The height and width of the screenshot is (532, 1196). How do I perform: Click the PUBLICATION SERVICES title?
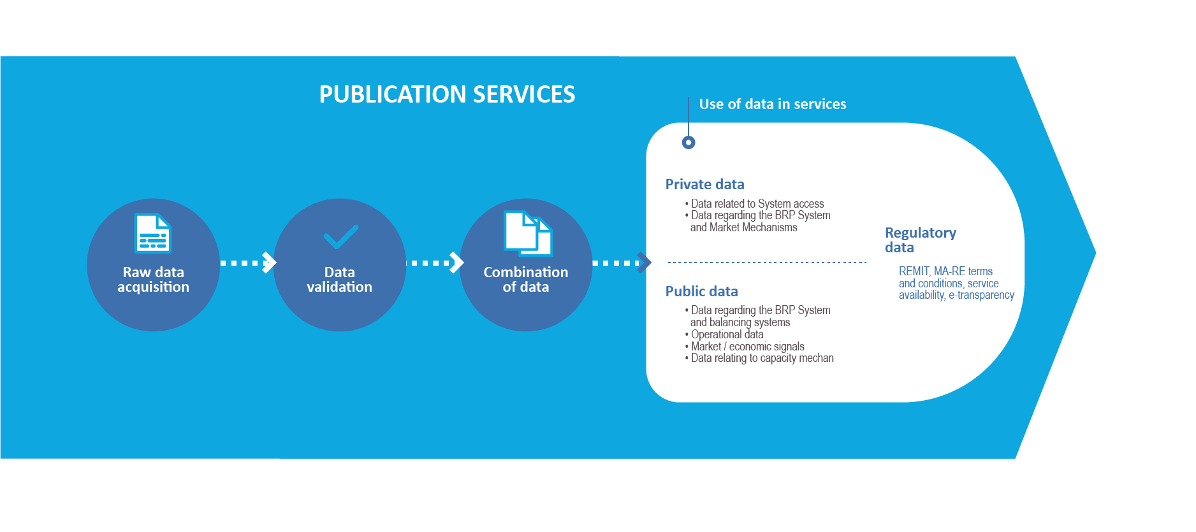click(447, 94)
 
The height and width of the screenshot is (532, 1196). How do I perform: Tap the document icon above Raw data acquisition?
click(153, 233)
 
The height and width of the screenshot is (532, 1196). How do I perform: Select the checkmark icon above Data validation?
click(340, 236)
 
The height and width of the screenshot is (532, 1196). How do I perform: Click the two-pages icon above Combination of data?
click(528, 233)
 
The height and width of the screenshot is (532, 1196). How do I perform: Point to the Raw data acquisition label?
click(153, 280)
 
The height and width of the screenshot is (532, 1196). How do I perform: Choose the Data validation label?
click(339, 280)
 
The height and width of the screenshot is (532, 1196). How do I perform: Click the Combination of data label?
click(525, 280)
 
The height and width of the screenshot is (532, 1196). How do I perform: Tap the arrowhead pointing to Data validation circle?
click(270, 262)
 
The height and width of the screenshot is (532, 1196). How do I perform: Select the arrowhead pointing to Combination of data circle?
click(456, 262)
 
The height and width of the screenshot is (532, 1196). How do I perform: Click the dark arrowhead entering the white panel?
click(645, 262)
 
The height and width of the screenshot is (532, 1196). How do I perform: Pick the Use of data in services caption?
click(772, 104)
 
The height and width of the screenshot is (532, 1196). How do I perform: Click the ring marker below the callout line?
click(689, 142)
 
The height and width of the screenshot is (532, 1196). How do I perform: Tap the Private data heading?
click(704, 184)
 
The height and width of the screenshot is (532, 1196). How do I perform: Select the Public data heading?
click(701, 291)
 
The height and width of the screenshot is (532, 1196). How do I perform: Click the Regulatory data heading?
click(920, 240)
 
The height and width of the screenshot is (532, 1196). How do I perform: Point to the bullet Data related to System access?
click(757, 204)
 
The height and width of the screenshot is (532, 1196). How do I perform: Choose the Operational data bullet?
click(727, 334)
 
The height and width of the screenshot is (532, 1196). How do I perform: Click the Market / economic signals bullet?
click(747, 347)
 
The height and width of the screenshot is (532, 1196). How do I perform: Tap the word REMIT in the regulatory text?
click(914, 271)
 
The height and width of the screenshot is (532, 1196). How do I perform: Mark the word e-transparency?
click(981, 295)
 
